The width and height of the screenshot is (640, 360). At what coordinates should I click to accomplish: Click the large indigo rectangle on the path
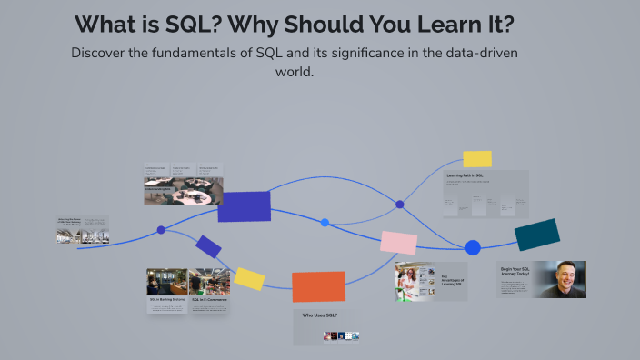244,206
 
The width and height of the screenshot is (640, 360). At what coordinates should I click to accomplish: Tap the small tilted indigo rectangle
208,246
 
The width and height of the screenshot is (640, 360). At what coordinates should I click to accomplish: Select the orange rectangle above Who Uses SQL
318,286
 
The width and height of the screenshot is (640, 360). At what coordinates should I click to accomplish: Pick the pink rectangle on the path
398,242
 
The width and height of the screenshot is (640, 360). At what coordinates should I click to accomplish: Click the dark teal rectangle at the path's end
536,235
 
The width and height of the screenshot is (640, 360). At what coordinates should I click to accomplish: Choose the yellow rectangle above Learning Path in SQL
477,159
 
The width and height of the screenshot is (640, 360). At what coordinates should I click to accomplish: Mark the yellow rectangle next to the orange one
249,278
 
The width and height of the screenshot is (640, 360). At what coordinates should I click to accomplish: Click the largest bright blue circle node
473,247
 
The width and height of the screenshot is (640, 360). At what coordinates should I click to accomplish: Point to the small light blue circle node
325,222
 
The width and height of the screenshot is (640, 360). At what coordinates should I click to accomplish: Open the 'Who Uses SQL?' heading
319,315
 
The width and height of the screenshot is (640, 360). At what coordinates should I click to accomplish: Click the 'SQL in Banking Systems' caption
166,298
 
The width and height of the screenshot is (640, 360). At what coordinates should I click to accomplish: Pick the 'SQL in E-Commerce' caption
208,298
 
